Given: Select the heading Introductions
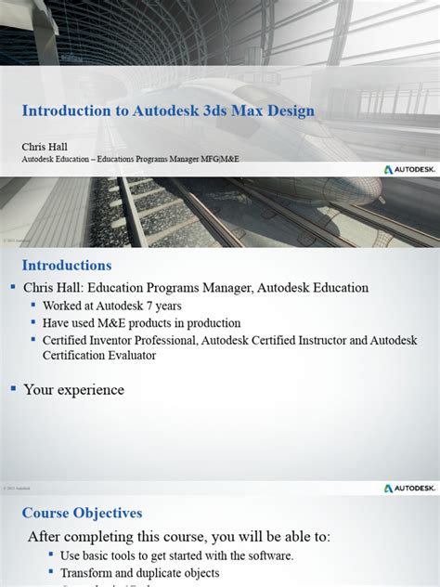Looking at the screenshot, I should tap(67, 265).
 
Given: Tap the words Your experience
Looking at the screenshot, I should tap(73, 390).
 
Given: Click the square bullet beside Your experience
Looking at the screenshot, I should tap(13, 388).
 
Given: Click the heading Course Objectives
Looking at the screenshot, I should tap(82, 513).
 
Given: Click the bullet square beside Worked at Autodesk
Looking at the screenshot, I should tap(33, 306).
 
